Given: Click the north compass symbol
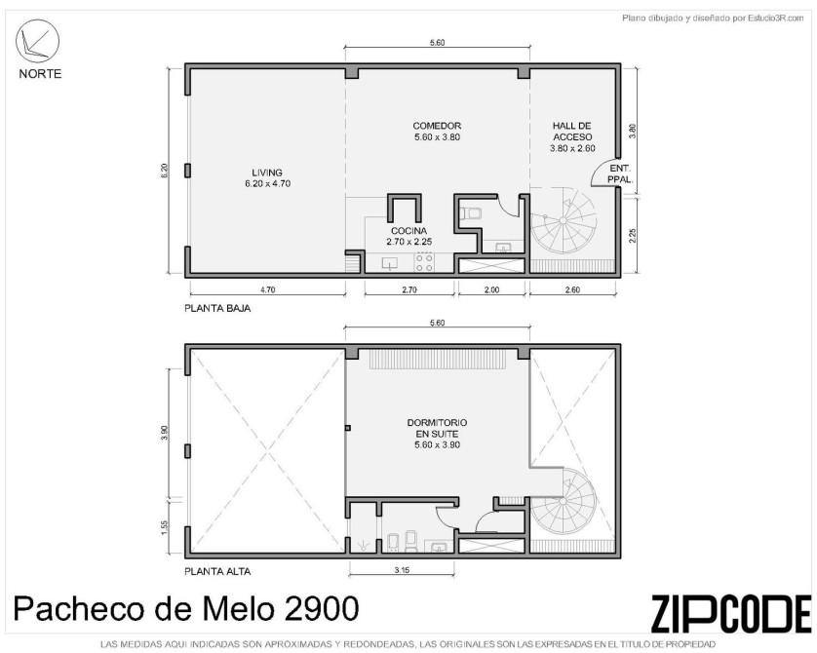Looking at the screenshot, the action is pyautogui.click(x=37, y=41).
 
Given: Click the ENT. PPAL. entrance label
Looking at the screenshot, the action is pyautogui.click(x=620, y=173).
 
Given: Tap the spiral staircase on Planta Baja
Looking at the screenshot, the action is pyautogui.click(x=564, y=221).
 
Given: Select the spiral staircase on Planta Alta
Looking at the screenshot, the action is pyautogui.click(x=564, y=501).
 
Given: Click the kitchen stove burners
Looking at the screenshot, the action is pyautogui.click(x=424, y=262).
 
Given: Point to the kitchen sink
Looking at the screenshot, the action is pyautogui.click(x=390, y=263).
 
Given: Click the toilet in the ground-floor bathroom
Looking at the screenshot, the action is pyautogui.click(x=471, y=213).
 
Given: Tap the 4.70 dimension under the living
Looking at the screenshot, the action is pyautogui.click(x=267, y=290).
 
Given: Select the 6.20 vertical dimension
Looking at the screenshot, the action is pyautogui.click(x=164, y=172).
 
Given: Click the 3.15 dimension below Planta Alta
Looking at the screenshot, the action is pyautogui.click(x=402, y=570).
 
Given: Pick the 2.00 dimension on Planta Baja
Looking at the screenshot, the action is pyautogui.click(x=491, y=290).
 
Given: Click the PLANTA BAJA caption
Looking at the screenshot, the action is pyautogui.click(x=217, y=308).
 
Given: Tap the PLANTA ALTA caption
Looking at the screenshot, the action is pyautogui.click(x=217, y=571).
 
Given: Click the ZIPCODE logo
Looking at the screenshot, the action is pyautogui.click(x=731, y=613).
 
